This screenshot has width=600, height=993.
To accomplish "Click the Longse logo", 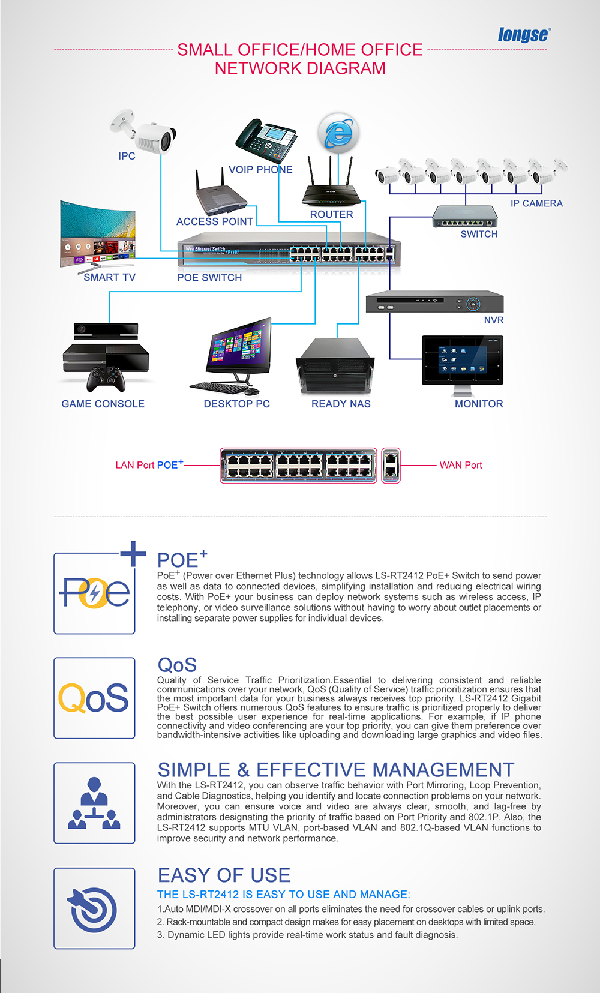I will pyautogui.click(x=523, y=35).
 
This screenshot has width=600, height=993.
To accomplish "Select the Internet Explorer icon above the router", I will pyautogui.click(x=338, y=133).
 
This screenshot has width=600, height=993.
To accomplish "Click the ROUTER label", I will pyautogui.click(x=331, y=214).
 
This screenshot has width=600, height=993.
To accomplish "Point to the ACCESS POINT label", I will pyautogui.click(x=215, y=221).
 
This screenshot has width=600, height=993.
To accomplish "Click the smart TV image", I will pyautogui.click(x=97, y=234).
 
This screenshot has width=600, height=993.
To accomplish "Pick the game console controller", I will pyautogui.click(x=106, y=379).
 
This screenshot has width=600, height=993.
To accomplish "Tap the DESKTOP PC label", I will pyautogui.click(x=236, y=404).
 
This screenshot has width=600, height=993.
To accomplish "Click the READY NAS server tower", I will pyautogui.click(x=335, y=367).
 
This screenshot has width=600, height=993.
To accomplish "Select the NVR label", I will pyautogui.click(x=494, y=320).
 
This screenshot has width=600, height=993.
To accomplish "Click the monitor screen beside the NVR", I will pyautogui.click(x=462, y=360).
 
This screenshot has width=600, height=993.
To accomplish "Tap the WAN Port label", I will pyautogui.click(x=460, y=465).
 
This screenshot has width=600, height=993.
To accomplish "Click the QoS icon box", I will pyautogui.click(x=94, y=698).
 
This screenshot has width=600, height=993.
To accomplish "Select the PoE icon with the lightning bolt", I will pyautogui.click(x=94, y=593).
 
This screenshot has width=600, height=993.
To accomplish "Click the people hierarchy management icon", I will pyautogui.click(x=94, y=803).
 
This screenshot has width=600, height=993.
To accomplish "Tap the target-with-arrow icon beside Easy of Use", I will pyautogui.click(x=94, y=908).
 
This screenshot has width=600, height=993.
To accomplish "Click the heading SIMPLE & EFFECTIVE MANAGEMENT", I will pyautogui.click(x=336, y=770).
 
